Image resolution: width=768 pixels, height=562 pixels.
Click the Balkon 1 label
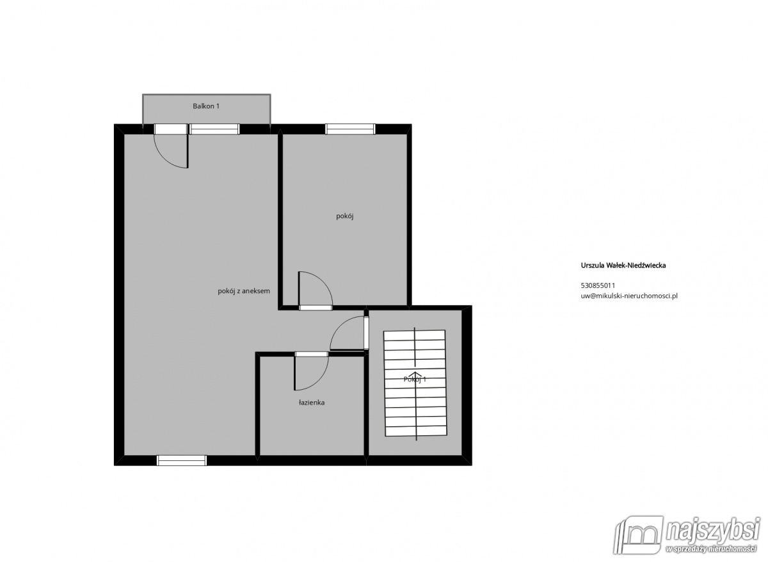[205, 106]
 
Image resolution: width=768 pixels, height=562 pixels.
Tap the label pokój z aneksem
[244, 291]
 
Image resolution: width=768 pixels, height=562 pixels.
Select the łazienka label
[311, 403]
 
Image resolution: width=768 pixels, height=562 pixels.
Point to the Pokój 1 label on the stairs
[415, 379]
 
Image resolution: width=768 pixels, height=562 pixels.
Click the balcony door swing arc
[164, 157]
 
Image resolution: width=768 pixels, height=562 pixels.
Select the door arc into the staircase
[339, 326]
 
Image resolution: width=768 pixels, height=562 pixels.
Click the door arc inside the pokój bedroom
[323, 281]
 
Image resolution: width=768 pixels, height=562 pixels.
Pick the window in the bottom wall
[182, 460]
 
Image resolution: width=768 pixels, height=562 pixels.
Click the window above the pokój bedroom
[350, 129]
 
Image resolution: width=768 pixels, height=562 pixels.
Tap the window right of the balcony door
[214, 129]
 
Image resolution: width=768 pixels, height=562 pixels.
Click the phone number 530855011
[598, 285]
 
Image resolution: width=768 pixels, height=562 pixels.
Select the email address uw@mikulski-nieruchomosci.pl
[629, 296]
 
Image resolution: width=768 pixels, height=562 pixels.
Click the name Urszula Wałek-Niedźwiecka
[623, 265]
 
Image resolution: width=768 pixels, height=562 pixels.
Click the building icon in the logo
[639, 535]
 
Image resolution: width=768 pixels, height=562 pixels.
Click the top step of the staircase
[415, 335]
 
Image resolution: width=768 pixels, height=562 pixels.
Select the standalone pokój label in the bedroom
[344, 216]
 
